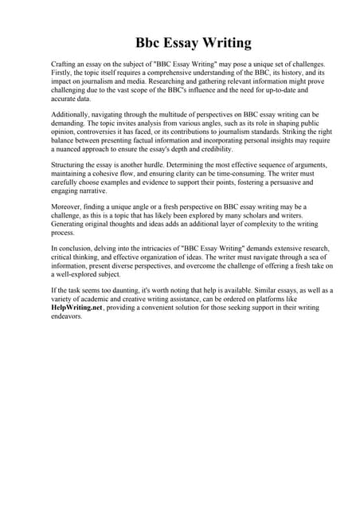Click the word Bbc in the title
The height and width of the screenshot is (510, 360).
pos(151,42)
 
